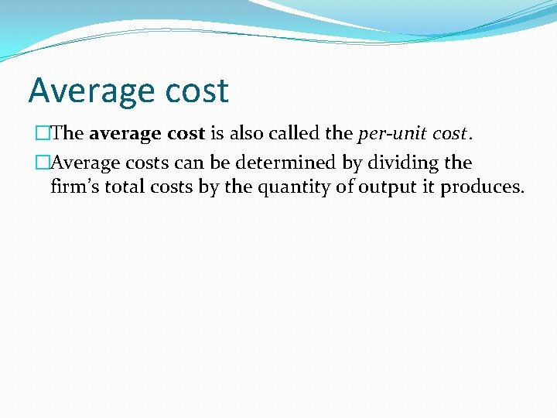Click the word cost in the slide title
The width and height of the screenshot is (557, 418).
(x=198, y=91)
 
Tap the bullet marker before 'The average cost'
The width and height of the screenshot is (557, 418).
(x=43, y=133)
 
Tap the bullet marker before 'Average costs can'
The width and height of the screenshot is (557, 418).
(x=43, y=163)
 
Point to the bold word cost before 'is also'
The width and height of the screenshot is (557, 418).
(x=186, y=133)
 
